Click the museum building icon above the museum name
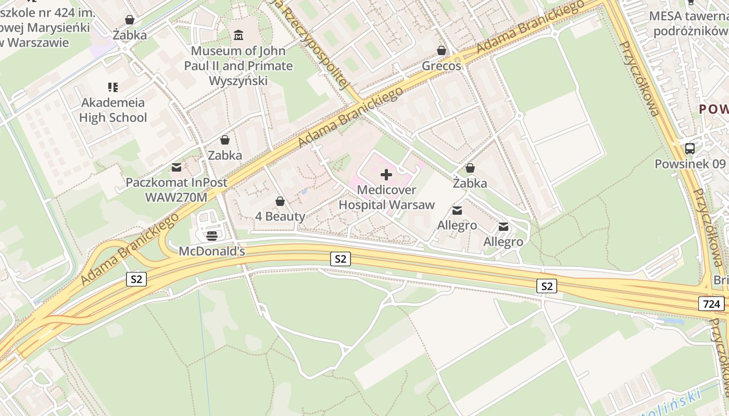(x=238, y=35)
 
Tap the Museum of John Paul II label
(x=238, y=66)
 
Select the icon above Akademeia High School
(x=113, y=87)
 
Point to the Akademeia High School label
(x=113, y=110)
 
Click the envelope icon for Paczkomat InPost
(x=177, y=167)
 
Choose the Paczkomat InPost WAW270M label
(x=177, y=190)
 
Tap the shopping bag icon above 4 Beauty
(x=280, y=201)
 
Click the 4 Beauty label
(x=280, y=216)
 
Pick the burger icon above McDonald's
(x=211, y=236)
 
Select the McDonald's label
(x=211, y=251)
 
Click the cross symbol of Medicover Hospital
(x=386, y=175)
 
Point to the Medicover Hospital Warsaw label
(x=386, y=198)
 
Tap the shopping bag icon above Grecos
(x=442, y=50)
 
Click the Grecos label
(x=442, y=66)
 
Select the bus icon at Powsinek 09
(x=690, y=149)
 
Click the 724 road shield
(x=711, y=304)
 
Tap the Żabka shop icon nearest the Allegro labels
(x=470, y=168)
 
